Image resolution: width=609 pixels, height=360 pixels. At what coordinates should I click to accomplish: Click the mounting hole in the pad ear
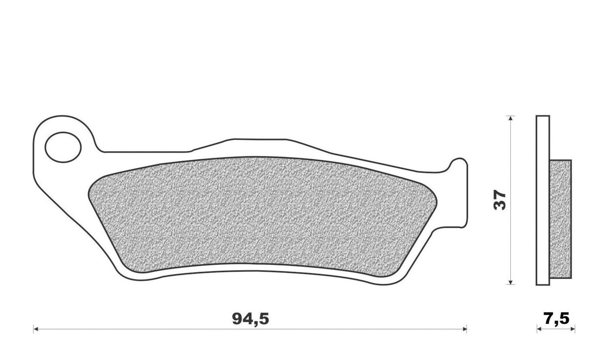click(63, 147)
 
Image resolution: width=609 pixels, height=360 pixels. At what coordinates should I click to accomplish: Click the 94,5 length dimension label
click(251, 319)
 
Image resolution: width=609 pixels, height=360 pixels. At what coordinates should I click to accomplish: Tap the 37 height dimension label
click(500, 200)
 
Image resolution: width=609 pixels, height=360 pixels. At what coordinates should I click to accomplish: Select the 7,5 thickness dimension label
click(556, 319)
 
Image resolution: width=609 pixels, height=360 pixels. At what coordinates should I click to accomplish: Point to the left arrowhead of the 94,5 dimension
click(35, 329)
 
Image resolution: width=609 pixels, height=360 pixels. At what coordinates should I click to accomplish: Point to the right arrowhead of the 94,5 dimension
click(464, 329)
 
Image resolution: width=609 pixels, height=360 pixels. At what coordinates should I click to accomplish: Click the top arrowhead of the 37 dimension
click(511, 118)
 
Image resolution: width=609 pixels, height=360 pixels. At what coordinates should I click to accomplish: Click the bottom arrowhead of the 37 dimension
click(511, 282)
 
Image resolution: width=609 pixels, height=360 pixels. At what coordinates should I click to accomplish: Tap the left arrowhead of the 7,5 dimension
click(539, 329)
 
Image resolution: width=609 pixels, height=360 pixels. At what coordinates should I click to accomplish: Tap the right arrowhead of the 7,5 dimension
click(572, 329)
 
